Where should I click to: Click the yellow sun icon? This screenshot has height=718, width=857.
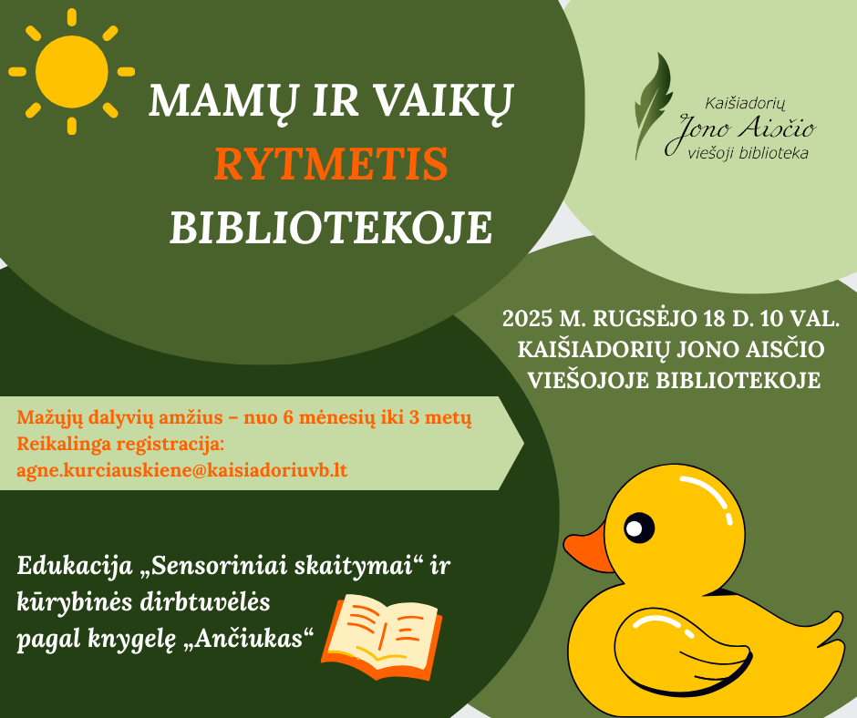(x=72, y=72)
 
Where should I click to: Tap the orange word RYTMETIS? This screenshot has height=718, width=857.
(x=331, y=164)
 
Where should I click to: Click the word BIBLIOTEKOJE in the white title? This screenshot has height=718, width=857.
(x=331, y=227)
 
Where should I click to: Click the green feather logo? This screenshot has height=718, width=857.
(x=653, y=106)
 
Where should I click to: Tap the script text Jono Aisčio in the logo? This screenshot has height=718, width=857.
(x=740, y=131)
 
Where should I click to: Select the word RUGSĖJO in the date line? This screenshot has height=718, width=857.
(x=642, y=319)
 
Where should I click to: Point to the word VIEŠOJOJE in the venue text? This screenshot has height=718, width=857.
(x=587, y=380)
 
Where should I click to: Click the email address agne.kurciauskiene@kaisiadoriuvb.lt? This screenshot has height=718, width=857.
(x=182, y=470)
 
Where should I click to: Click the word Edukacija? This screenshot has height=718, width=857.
(x=75, y=567)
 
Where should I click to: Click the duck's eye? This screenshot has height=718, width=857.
(x=638, y=528)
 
